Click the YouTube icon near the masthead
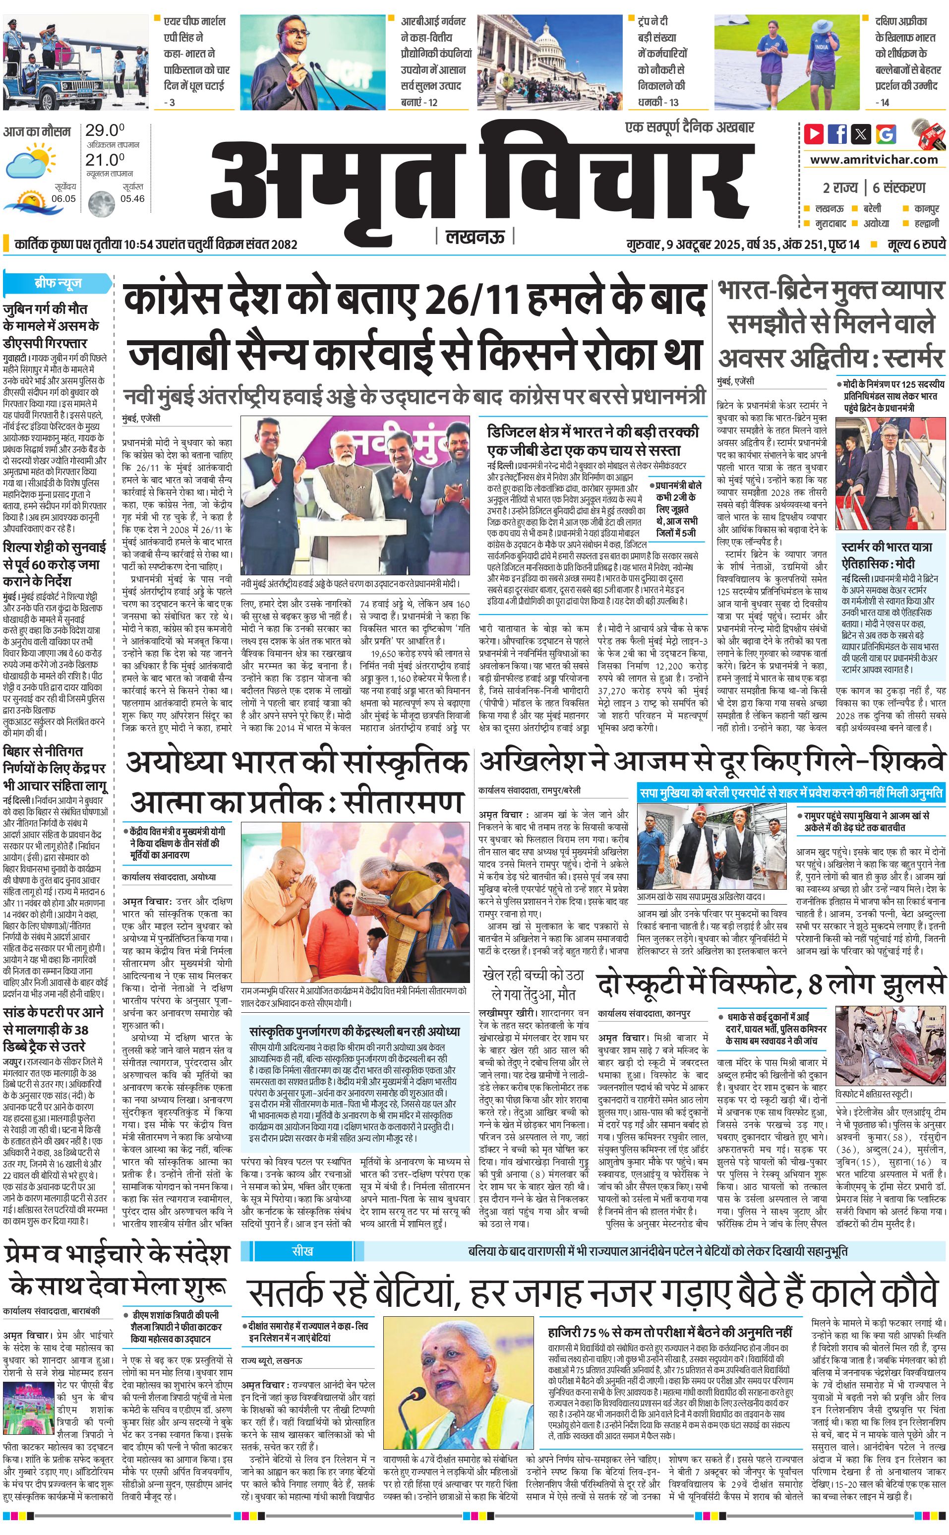[814, 134]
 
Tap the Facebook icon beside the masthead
[837, 134]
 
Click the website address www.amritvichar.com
[873, 160]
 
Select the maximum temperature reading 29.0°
[105, 130]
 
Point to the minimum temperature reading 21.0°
[105, 160]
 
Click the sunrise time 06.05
[63, 198]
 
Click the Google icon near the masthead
[886, 134]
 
